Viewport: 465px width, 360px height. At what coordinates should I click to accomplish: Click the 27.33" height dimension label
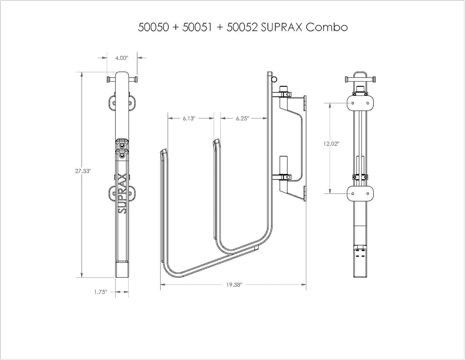[83, 171]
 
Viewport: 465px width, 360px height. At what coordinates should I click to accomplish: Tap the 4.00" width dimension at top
[122, 58]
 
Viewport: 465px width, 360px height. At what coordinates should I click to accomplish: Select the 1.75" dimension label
[100, 292]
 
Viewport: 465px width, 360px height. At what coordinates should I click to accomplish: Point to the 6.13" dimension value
[189, 118]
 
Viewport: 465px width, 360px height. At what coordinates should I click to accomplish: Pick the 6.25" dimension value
[242, 118]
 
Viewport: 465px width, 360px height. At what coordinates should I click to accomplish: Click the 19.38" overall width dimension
[234, 285]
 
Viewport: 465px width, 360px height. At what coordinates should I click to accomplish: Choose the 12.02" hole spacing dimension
[331, 144]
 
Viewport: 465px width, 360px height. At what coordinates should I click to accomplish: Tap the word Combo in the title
[327, 27]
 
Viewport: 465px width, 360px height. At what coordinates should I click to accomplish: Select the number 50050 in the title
[153, 27]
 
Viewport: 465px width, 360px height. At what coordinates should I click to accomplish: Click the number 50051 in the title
[198, 27]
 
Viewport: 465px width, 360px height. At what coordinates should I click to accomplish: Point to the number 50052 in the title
[242, 27]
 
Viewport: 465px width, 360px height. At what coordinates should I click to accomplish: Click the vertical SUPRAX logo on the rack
[122, 193]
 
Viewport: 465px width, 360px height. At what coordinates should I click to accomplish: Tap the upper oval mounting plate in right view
[360, 103]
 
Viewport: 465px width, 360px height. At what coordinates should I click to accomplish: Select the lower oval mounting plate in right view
[360, 194]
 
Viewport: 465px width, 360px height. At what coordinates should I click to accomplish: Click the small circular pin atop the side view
[275, 79]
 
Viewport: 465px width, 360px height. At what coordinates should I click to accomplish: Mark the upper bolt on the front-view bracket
[122, 146]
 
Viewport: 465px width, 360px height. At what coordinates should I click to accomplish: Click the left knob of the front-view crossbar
[109, 79]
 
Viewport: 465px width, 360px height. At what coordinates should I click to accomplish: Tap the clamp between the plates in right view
[360, 177]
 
